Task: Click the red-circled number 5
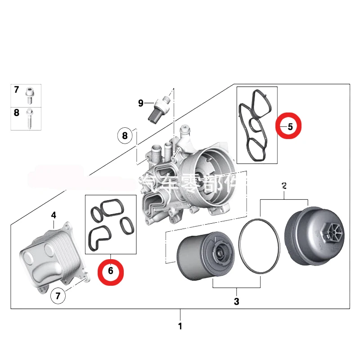tap(290, 127)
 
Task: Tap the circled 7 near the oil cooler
tap(57, 296)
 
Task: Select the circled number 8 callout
tap(125, 135)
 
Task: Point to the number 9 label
tap(141, 103)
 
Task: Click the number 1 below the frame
tap(180, 326)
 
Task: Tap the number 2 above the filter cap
tap(283, 185)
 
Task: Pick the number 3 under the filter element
tap(237, 301)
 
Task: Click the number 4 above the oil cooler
tap(54, 215)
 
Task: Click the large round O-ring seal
tap(260, 246)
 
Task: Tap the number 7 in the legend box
tap(17, 90)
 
